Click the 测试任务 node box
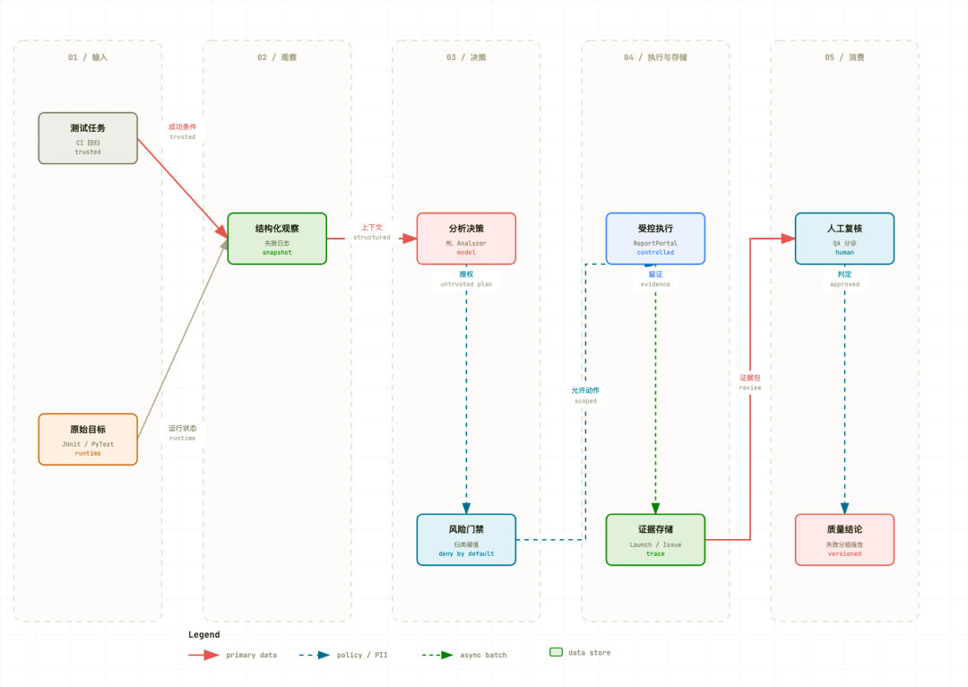click(x=88, y=138)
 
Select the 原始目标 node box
click(x=88, y=439)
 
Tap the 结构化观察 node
click(x=277, y=239)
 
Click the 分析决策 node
click(x=466, y=239)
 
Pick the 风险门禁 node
click(x=466, y=540)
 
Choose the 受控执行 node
click(x=655, y=239)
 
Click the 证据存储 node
click(x=655, y=540)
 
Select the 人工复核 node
click(x=844, y=239)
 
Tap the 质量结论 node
click(x=844, y=540)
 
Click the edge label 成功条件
click(x=182, y=126)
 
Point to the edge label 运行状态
click(x=182, y=428)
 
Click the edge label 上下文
click(x=372, y=227)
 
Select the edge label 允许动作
click(x=585, y=390)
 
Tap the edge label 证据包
click(x=750, y=378)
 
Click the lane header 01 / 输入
click(x=88, y=57)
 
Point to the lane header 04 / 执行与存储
click(x=655, y=57)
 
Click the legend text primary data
click(x=251, y=655)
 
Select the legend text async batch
click(x=483, y=655)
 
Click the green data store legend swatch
click(x=557, y=652)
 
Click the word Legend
click(x=203, y=634)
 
